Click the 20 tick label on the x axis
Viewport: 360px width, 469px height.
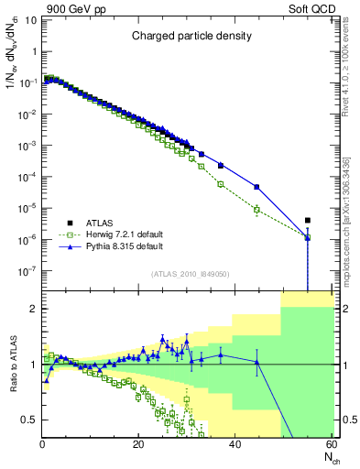[x=138, y=444]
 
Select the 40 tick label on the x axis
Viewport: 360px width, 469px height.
[x=235, y=444]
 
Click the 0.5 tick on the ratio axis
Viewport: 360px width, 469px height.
[x=30, y=420]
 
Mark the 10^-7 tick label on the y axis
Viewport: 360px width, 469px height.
[x=28, y=270]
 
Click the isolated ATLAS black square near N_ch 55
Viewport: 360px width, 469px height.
[x=308, y=220]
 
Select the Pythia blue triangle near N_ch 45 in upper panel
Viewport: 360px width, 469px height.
[x=256, y=187]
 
